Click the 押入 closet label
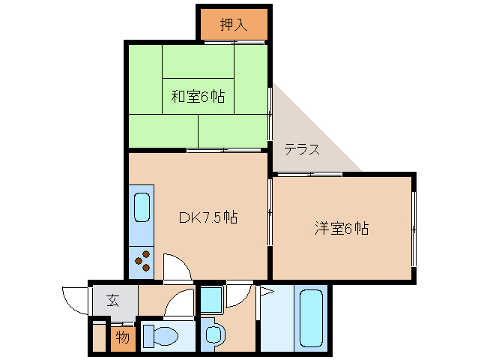233,25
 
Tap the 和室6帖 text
198,97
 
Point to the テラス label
302,149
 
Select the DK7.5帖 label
208,217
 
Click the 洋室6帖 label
341,228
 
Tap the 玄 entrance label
113,301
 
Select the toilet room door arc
178,304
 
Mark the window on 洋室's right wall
414,228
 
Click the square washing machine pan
212,299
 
